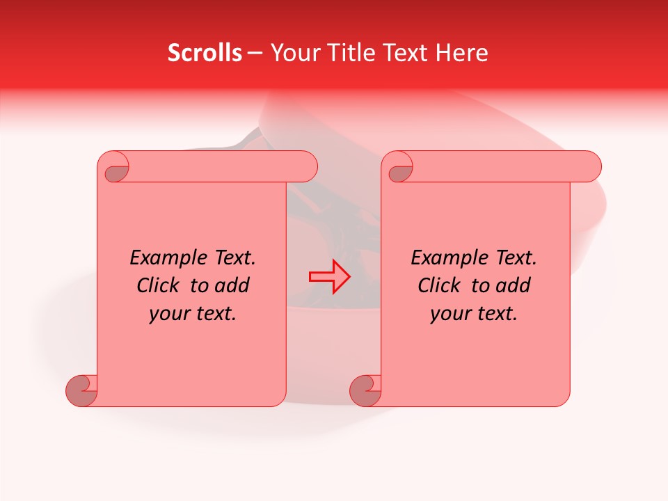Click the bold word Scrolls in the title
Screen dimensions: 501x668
pos(205,53)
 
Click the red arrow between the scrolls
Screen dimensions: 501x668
pos(329,277)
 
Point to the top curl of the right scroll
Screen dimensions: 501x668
pos(399,168)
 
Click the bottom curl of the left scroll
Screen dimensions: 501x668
pos(81,390)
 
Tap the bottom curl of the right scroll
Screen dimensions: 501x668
pos(365,390)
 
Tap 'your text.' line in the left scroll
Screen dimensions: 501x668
pos(193,314)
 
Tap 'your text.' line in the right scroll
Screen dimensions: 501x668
pos(474,314)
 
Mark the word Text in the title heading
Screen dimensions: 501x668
pos(405,53)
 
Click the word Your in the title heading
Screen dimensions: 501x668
pos(293,53)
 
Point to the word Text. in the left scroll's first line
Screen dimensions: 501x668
pos(231,258)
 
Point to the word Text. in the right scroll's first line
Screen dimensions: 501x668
pos(512,258)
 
